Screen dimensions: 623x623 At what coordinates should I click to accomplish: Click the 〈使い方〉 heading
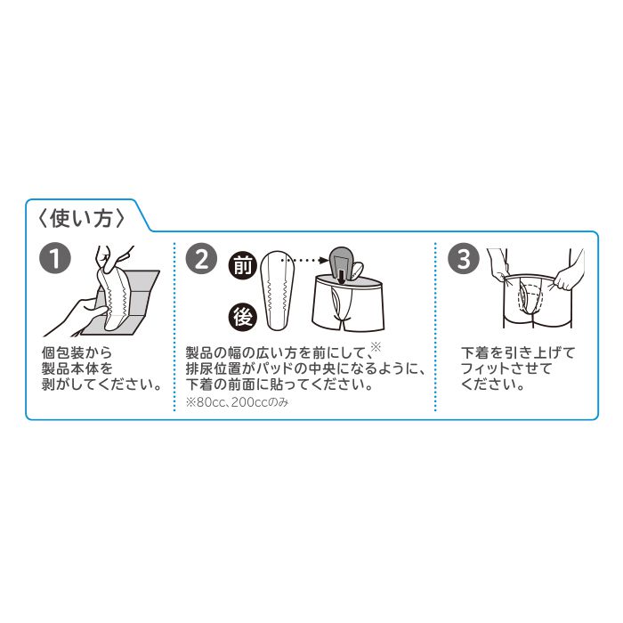[82, 215]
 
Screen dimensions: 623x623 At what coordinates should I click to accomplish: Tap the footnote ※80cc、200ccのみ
[238, 402]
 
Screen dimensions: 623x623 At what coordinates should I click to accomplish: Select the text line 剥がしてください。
[101, 385]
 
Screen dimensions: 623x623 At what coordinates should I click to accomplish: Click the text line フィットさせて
[506, 369]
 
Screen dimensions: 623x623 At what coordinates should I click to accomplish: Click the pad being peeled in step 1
[114, 294]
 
